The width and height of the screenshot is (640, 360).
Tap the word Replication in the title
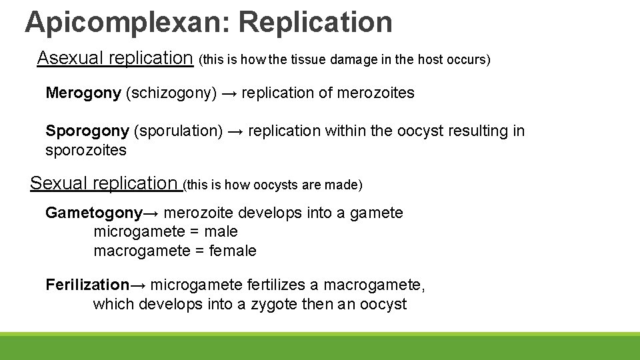(315, 22)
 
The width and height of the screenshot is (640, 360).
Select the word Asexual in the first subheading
(69, 58)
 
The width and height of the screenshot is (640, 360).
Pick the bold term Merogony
(83, 93)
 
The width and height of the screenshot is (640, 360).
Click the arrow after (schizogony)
(229, 93)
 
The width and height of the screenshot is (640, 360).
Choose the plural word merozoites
(376, 93)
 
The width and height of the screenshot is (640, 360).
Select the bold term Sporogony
(87, 131)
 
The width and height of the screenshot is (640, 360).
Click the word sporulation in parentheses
(178, 131)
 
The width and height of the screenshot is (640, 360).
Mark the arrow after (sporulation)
(235, 131)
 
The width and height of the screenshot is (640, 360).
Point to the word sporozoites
(86, 150)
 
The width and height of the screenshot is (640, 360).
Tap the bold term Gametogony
(94, 213)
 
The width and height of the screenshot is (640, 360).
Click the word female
(233, 251)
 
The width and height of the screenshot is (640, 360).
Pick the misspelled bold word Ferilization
(87, 285)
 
